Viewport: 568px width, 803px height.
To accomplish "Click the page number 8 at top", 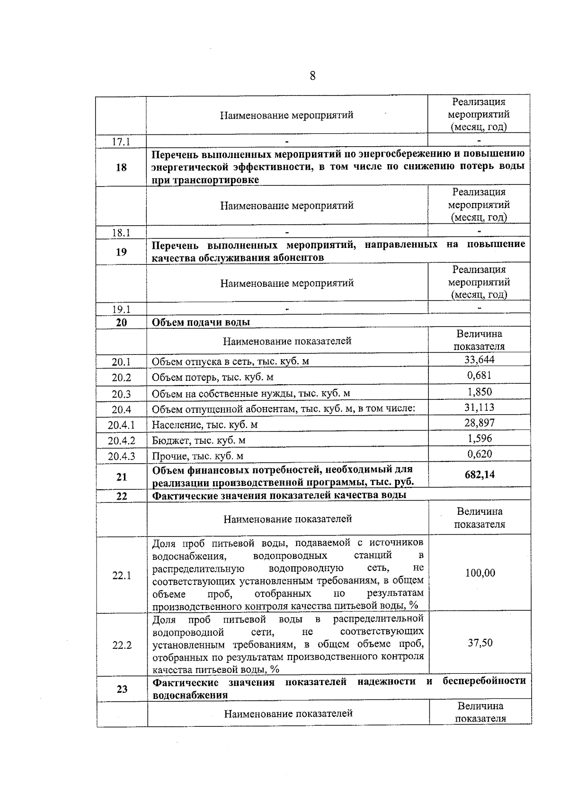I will click(312, 76).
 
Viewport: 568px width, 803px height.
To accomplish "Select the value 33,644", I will click(479, 360).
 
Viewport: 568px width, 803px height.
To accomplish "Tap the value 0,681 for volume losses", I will click(479, 375).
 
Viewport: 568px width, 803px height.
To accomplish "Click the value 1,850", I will click(479, 391).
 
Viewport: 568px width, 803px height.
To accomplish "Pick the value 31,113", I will click(479, 407).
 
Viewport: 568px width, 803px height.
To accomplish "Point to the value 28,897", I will click(479, 423).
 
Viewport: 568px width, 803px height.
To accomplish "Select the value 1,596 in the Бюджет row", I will click(479, 438).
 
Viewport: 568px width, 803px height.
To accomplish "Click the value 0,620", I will click(479, 454).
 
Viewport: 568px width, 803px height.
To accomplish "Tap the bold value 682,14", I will click(479, 475).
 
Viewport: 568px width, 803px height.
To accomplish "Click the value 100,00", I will click(480, 573).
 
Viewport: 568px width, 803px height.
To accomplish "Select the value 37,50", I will click(480, 643).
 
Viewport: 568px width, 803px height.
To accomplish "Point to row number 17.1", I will click(121, 141).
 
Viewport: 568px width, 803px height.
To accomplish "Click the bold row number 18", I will click(121, 167).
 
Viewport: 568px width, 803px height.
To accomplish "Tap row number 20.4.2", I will click(121, 441).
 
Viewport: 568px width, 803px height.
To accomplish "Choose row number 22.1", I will click(122, 575).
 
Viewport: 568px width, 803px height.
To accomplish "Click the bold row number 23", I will click(122, 689).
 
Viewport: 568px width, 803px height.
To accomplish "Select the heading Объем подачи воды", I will click(201, 322).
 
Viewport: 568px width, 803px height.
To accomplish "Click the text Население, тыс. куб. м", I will click(204, 424).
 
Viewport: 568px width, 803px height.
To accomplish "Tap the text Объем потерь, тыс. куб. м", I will click(212, 377).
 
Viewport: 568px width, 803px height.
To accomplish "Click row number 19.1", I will click(121, 309).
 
